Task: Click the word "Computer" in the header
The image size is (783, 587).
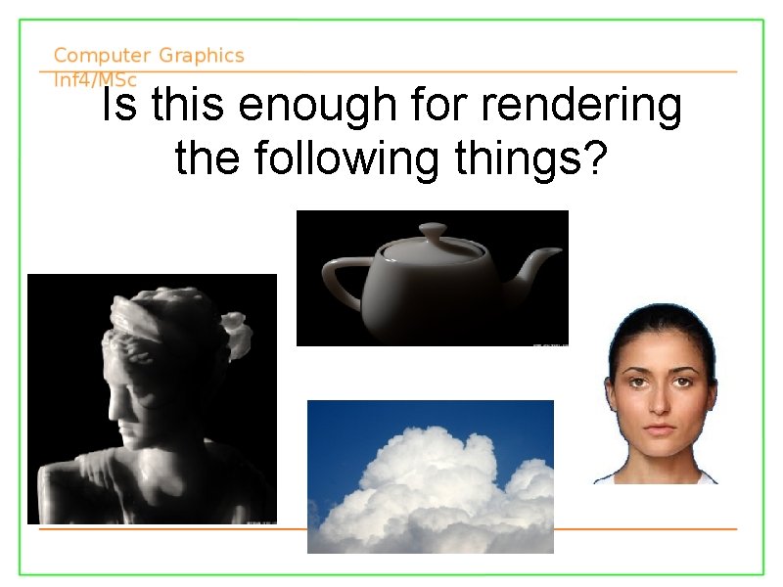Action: pyautogui.click(x=103, y=56)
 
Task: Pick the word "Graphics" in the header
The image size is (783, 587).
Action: pyautogui.click(x=202, y=56)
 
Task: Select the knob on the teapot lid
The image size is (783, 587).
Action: pyautogui.click(x=431, y=232)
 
